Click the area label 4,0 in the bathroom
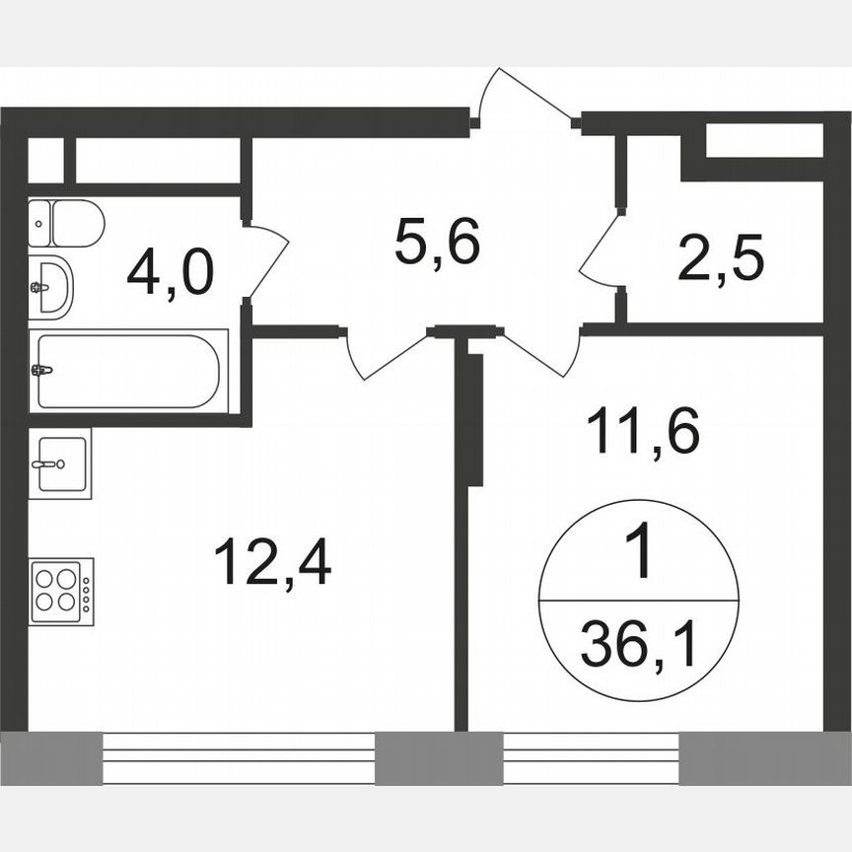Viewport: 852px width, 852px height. coord(170,272)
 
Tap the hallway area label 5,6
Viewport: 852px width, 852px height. coord(437,242)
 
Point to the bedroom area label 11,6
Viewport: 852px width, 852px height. coord(642,431)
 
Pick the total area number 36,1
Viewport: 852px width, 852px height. coord(638,647)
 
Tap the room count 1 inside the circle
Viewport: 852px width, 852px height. coord(639,553)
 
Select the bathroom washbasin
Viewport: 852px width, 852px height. coord(49,288)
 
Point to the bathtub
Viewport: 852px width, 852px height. coord(128,371)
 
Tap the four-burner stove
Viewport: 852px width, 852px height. coord(54,591)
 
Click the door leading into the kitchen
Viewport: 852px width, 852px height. coord(387,353)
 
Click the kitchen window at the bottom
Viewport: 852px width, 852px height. coord(239,757)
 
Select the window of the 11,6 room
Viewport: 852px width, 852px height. coord(591,757)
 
